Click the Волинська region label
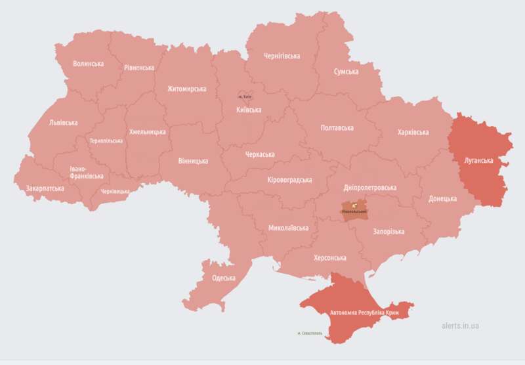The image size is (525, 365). (x=88, y=64)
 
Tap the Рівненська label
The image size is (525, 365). (x=139, y=68)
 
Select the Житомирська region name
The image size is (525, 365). (x=186, y=89)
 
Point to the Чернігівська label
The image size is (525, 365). (x=282, y=56)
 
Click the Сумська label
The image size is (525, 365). (x=346, y=71)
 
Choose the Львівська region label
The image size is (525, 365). (x=63, y=123)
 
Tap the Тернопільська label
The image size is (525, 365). (x=106, y=140)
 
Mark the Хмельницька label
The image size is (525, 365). (x=148, y=131)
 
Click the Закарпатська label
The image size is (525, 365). (x=45, y=188)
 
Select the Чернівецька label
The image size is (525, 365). (x=115, y=192)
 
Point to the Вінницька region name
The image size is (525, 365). (x=193, y=160)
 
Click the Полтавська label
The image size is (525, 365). (x=337, y=128)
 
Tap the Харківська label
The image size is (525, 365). (x=413, y=132)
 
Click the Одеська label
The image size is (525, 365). (x=223, y=278)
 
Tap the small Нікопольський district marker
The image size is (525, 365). (x=354, y=211)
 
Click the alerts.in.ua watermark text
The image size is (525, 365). (x=460, y=326)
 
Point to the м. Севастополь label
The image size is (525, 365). (x=310, y=333)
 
